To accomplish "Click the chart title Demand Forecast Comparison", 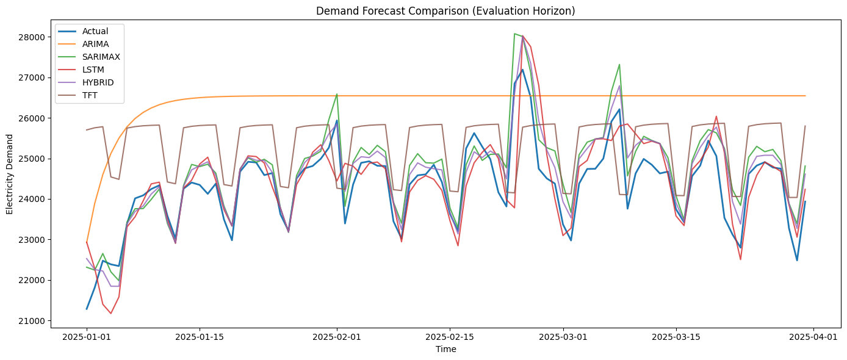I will click(445, 10).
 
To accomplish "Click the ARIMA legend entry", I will click(95, 44).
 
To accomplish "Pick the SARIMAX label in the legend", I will click(101, 57).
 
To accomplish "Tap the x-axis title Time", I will click(445, 350).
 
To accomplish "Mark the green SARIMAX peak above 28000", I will click(515, 34).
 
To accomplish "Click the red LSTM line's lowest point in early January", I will click(110, 314).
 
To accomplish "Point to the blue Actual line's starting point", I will click(87, 309).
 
